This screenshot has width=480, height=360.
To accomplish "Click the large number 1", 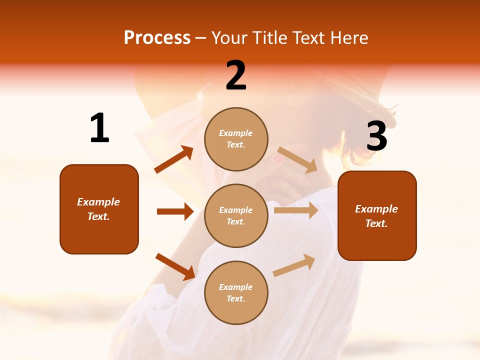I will click(99, 128).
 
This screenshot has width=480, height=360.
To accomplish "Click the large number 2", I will click(236, 75).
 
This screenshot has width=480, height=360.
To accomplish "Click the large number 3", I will click(376, 136).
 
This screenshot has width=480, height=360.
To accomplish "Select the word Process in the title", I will click(157, 37).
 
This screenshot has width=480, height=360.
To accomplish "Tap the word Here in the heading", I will click(348, 37).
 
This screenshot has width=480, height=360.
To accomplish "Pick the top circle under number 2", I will click(236, 139).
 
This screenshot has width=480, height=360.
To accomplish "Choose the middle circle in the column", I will click(236, 215).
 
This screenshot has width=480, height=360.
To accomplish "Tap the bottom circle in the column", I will click(236, 292).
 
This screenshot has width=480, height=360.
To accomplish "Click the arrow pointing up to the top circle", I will click(174, 159).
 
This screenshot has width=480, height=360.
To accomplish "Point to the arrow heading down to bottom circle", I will click(175, 266).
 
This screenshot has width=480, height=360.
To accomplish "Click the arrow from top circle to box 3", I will click(297, 159).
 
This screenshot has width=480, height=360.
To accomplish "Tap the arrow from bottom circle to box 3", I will click(294, 265).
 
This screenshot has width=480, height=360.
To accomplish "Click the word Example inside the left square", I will click(98, 202).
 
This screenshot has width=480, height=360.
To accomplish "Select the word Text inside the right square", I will click(375, 223).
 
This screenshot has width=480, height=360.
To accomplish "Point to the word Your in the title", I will click(228, 37).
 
